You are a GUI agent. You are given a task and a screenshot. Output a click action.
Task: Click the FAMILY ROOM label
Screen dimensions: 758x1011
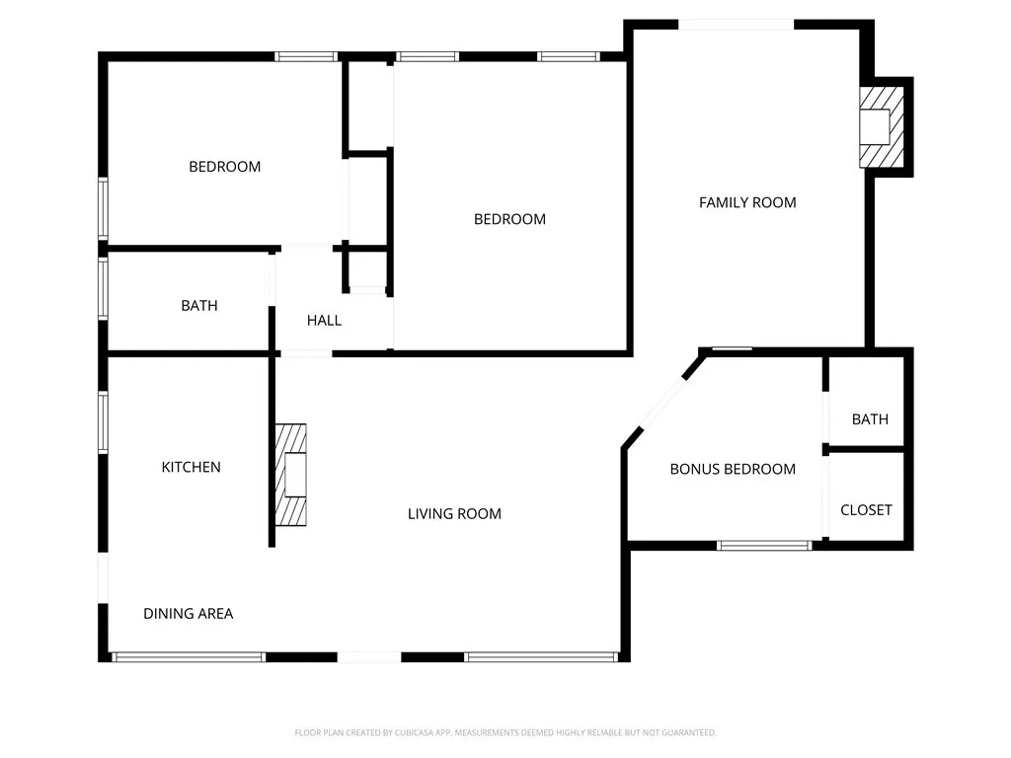[x=747, y=202]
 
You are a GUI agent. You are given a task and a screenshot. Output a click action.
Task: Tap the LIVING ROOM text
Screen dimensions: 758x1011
[x=454, y=513]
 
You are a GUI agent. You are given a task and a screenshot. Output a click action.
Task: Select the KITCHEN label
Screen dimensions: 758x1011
[x=192, y=467]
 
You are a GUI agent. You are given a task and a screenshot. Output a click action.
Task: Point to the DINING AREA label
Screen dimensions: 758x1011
[x=189, y=614]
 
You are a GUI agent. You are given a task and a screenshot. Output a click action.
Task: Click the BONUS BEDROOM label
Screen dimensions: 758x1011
[x=733, y=469]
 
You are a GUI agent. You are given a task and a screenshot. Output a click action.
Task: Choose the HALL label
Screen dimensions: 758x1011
[x=324, y=320]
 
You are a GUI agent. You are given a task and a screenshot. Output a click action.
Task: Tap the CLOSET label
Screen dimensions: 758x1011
[x=866, y=510]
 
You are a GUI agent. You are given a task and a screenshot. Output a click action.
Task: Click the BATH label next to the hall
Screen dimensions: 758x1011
[x=199, y=306]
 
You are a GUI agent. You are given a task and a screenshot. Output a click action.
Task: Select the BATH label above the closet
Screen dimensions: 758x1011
[x=870, y=419]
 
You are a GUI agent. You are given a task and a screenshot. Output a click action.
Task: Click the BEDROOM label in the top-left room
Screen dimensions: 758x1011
[x=225, y=167]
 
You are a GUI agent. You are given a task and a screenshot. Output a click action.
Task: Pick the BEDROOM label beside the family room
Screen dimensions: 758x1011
[x=509, y=219]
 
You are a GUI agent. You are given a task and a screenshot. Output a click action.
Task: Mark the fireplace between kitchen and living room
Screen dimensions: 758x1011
[x=291, y=475]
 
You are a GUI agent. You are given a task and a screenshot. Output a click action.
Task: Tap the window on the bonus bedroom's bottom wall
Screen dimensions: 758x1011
[x=764, y=544]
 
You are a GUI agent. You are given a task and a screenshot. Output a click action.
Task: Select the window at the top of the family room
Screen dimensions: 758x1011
[x=737, y=25]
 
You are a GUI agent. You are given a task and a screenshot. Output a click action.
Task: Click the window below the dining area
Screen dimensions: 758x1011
[x=189, y=656]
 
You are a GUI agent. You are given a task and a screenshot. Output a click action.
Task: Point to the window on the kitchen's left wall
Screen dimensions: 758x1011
[x=103, y=422]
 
